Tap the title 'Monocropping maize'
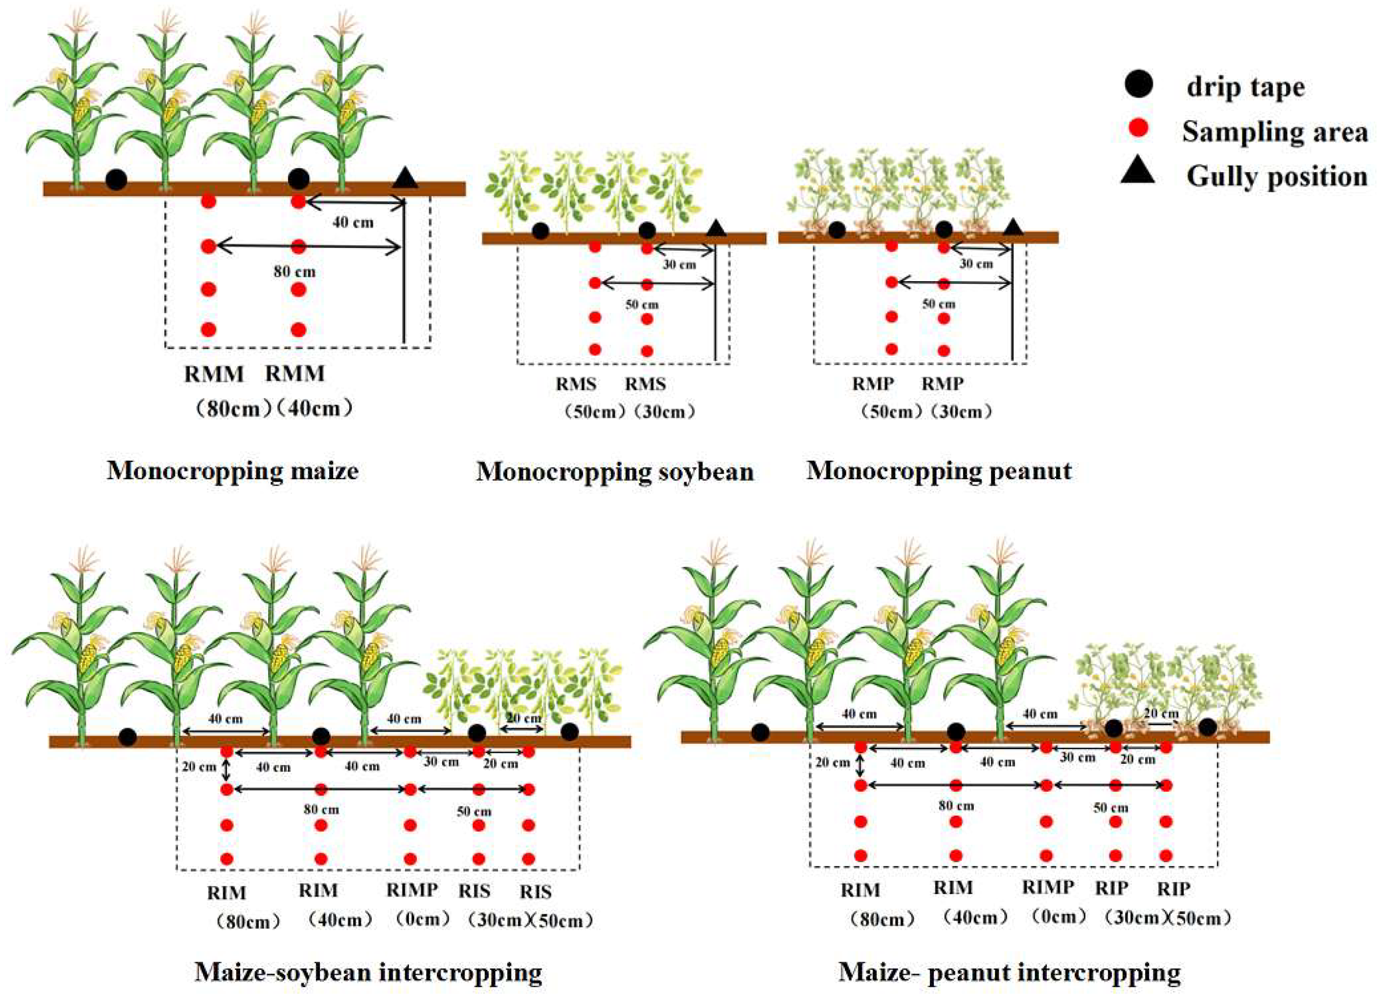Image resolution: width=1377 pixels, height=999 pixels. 232,471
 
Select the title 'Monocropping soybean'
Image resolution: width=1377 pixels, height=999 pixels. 614,471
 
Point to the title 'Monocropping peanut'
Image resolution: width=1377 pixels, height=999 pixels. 939,471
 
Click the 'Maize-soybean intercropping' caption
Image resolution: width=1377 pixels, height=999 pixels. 368,972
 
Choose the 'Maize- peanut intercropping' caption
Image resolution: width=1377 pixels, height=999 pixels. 1009,972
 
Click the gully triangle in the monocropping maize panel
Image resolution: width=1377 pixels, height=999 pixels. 405,178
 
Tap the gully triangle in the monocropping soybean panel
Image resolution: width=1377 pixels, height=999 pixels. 717,228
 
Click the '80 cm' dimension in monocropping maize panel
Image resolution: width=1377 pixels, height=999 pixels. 294,272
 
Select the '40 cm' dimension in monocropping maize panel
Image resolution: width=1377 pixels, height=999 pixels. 353,223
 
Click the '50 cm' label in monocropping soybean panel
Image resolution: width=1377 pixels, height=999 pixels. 642,305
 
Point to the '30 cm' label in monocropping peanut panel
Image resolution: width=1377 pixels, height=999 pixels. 976,264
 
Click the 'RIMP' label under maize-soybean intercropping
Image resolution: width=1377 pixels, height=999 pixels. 412,890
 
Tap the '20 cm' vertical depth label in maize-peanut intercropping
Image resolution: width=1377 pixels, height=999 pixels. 833,762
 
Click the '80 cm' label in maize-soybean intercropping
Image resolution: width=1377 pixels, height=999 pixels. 321,810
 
